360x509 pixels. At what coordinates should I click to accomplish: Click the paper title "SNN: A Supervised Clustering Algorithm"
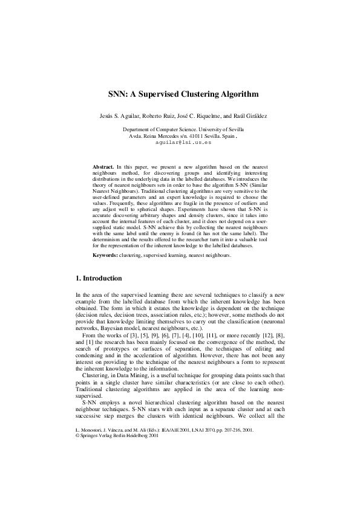(180, 94)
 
